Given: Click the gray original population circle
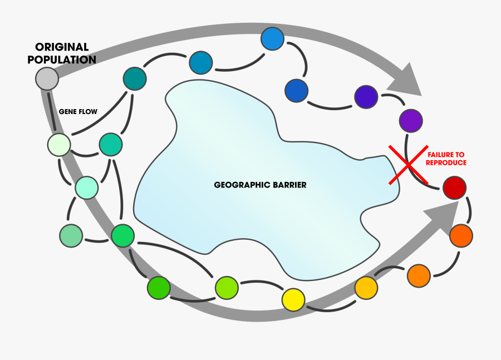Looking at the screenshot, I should tap(47, 78).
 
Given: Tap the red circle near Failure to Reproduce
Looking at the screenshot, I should tap(454, 189).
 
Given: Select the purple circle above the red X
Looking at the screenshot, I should tap(411, 121).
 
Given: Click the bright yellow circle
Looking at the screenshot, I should tap(293, 299).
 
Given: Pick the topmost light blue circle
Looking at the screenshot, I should tap(273, 39).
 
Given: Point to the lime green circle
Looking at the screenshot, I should tap(227, 287).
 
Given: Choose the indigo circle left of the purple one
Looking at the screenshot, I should tap(366, 97).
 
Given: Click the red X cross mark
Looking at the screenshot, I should tap(408, 165).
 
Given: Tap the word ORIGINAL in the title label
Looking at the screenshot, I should tap(62, 47).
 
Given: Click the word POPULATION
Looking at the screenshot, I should tap(62, 60).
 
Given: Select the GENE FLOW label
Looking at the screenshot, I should tap(78, 112).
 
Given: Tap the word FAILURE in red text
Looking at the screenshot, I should tap(446, 155).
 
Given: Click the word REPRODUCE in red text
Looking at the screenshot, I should tap(446, 163).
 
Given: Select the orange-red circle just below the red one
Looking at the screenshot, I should tap(461, 235).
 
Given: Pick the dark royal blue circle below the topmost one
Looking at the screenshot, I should tap(296, 91).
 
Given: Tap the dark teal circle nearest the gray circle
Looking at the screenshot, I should tap(135, 79).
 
